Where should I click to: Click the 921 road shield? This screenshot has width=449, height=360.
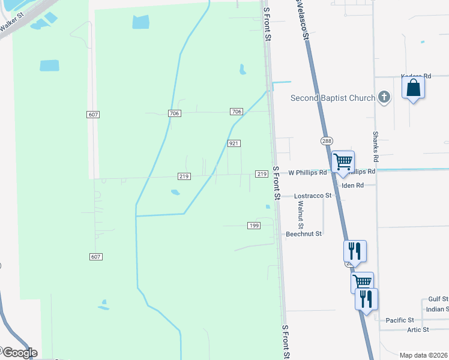tap(234, 144)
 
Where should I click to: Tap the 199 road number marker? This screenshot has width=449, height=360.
tap(253, 225)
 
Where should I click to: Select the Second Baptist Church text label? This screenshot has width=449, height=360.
tap(333, 98)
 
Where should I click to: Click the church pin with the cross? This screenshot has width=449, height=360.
tap(385, 97)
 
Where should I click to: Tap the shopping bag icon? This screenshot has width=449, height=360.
tap(413, 88)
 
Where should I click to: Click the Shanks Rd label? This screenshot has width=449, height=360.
tap(376, 147)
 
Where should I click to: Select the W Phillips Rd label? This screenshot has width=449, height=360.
tap(307, 172)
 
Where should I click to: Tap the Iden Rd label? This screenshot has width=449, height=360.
tap(352, 185)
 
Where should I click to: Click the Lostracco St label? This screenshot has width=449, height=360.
tap(313, 196)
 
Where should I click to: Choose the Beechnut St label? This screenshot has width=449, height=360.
tap(304, 233)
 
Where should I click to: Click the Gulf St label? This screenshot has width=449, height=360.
tap(438, 299)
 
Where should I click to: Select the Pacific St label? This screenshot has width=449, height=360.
tap(400, 320)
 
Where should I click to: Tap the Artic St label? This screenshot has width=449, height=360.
tap(418, 329)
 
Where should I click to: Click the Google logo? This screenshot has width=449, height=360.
tap(19, 353)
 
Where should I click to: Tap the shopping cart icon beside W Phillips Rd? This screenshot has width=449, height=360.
tap(343, 161)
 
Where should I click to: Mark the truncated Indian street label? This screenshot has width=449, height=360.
tap(437, 309)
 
